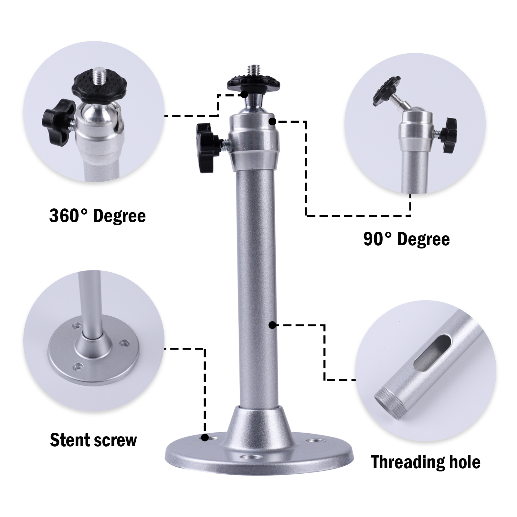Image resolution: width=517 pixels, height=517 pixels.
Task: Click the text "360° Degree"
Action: [x=97, y=216]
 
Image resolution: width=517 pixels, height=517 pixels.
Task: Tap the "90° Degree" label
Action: [x=406, y=239]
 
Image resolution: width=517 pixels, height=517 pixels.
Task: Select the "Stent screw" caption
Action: [x=93, y=440]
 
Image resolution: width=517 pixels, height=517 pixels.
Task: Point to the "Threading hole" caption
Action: [x=426, y=462]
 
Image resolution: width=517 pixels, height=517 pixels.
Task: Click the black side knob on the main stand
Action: [x=207, y=147]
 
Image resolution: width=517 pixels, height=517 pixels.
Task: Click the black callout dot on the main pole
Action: [x=272, y=325]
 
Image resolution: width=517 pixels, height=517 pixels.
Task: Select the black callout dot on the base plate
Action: [x=205, y=438]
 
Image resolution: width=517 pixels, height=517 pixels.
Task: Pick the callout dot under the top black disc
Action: [x=244, y=94]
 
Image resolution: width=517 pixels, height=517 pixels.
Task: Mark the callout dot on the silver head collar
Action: [x=272, y=121]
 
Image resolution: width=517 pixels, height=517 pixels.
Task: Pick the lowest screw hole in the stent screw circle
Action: [x=78, y=367]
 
